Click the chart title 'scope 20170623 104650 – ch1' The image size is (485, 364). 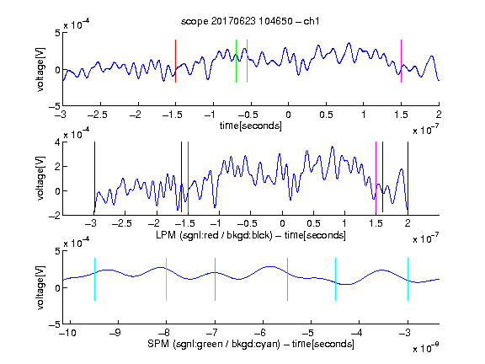pyautogui.click(x=250, y=21)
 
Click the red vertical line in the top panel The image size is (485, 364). pyautogui.click(x=175, y=61)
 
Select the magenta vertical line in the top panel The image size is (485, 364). pyautogui.click(x=401, y=61)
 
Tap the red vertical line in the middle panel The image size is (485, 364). pyautogui.click(x=188, y=178)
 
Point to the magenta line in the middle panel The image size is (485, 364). pyautogui.click(x=376, y=178)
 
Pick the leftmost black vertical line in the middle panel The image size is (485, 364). pyautogui.click(x=94, y=177)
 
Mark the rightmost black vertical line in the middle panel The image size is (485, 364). pyautogui.click(x=408, y=177)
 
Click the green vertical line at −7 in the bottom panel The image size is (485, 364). pyautogui.click(x=215, y=279)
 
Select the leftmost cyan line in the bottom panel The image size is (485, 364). pyautogui.click(x=94, y=279)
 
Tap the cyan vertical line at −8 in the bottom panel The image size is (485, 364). pyautogui.click(x=167, y=279)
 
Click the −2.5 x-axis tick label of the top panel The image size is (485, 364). pyautogui.click(x=97, y=115)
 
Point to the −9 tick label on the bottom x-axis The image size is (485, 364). pyautogui.click(x=115, y=333)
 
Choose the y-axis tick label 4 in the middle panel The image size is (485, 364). pyautogui.click(x=57, y=142)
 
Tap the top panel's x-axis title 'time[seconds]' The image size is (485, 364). pyautogui.click(x=251, y=126)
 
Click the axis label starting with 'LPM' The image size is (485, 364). pyautogui.click(x=251, y=235)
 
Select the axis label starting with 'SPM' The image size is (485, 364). pyautogui.click(x=251, y=344)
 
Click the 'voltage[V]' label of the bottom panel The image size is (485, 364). pyautogui.click(x=40, y=287)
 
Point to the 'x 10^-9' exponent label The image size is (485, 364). pyautogui.click(x=425, y=348)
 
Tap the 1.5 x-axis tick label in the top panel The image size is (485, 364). pyautogui.click(x=401, y=115)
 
